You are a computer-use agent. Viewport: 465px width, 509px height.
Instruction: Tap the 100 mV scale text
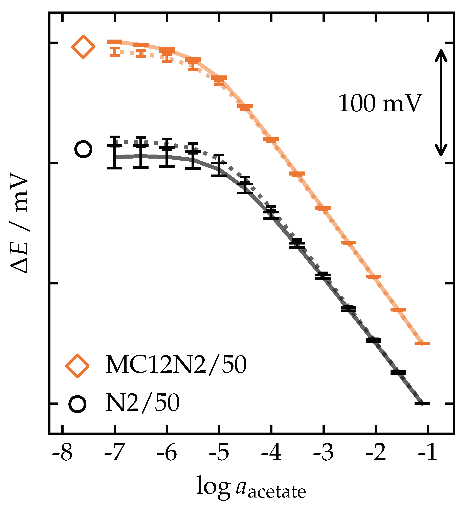click(x=380, y=103)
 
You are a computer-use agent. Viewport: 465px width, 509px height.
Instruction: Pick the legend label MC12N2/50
click(x=176, y=365)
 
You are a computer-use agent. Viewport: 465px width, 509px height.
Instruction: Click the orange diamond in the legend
click(x=77, y=366)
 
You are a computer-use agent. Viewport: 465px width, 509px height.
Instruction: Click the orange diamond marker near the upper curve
click(x=83, y=47)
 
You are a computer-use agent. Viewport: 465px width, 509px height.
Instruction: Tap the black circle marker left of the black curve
click(x=83, y=149)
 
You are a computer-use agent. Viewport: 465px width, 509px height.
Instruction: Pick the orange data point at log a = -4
click(x=271, y=140)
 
